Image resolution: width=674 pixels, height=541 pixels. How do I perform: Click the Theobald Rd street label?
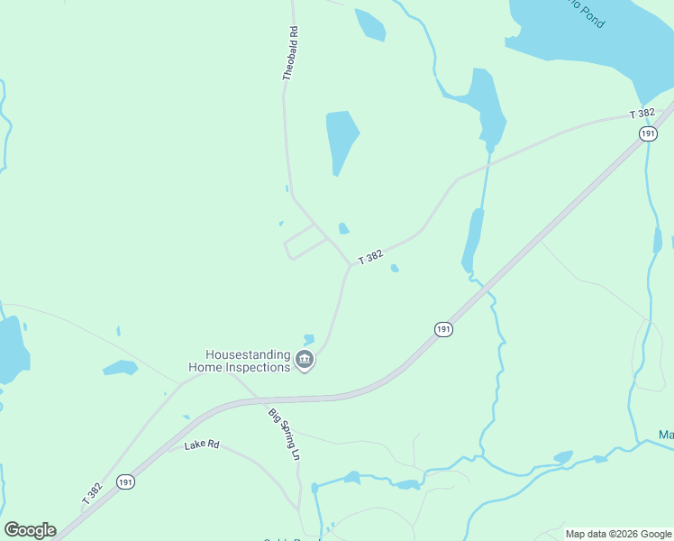point(289,54)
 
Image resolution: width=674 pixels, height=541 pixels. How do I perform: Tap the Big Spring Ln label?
point(282,435)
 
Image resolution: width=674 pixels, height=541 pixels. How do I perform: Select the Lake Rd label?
point(202,445)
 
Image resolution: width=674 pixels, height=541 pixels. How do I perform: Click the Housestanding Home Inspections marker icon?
point(305,362)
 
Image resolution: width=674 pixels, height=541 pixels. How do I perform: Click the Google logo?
point(30,530)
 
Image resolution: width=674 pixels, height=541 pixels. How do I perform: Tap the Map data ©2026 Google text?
point(617,534)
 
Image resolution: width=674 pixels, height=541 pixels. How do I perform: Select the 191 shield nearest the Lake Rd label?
point(126,483)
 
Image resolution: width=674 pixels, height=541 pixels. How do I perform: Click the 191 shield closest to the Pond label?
point(647,133)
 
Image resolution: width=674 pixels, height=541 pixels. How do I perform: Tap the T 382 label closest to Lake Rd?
point(92,492)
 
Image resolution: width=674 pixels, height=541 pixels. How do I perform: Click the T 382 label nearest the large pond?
point(641,114)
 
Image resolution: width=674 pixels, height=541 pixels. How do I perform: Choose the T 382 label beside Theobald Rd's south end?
point(370,257)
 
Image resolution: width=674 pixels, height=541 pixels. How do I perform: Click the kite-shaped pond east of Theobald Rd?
point(341,138)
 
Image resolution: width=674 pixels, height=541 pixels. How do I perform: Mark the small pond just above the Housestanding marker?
point(309,339)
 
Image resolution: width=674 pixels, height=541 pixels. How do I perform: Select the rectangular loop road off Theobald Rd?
point(305,242)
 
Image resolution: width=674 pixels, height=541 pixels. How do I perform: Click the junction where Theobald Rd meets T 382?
point(350,266)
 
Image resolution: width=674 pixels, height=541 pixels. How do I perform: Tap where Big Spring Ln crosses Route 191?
point(260,399)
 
